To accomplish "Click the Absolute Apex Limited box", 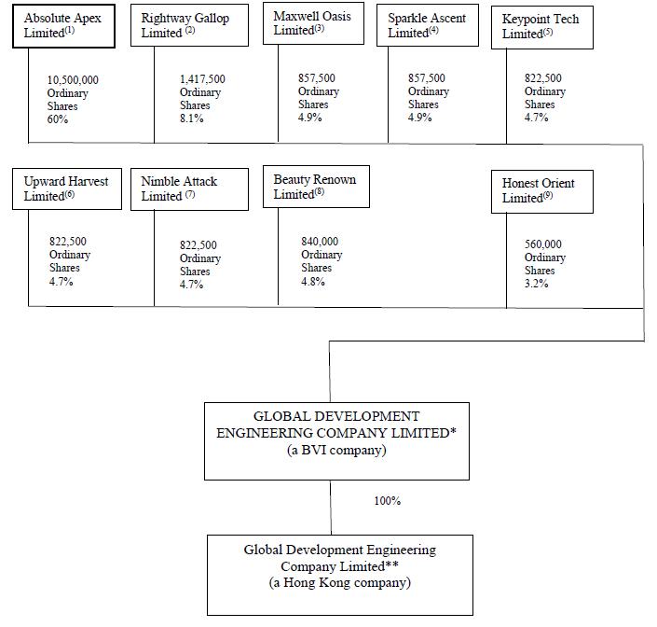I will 67,26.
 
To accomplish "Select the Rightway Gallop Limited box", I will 194,26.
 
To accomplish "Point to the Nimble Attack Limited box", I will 194,188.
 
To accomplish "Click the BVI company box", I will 335,440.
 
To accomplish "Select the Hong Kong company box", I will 339,574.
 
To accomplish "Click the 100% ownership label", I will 387,501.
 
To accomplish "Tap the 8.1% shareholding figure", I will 191,118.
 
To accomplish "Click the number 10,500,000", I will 73,80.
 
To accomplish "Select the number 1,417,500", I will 202,80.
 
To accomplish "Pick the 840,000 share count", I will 320,242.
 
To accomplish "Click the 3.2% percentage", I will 536,284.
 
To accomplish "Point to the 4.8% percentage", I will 313,281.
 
